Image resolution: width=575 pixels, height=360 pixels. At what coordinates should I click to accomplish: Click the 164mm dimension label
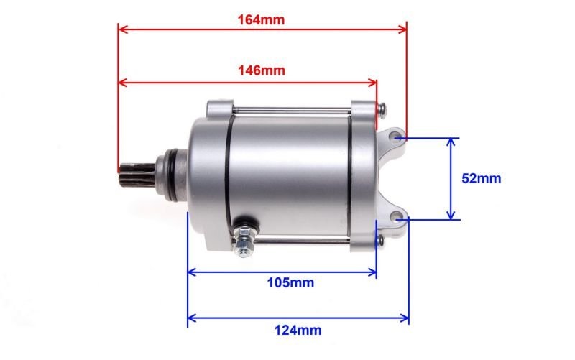click(x=261, y=19)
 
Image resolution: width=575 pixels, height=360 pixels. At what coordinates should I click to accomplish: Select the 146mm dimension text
click(x=261, y=70)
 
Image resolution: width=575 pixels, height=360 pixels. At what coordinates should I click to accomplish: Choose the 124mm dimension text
click(x=298, y=331)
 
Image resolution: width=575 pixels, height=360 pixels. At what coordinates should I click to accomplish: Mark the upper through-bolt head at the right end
click(x=382, y=109)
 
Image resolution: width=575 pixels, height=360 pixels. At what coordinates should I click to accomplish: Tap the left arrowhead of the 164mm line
click(x=121, y=29)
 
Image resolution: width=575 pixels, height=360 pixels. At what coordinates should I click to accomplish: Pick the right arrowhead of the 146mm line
click(x=374, y=82)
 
